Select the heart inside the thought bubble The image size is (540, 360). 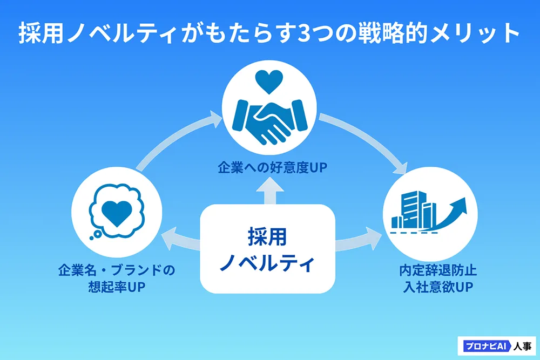click(117, 213)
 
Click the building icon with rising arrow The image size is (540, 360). click(429, 213)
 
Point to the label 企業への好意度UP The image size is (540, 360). click(272, 168)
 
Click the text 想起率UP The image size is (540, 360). click(117, 287)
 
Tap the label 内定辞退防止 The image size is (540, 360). click(438, 270)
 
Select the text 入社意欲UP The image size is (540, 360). click(438, 287)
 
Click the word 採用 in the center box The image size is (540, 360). click(267, 237)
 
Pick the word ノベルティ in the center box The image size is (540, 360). click(267, 263)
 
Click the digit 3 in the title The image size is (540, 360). click(303, 34)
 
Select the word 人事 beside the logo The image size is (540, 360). click(522, 346)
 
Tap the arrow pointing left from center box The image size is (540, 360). click(181, 239)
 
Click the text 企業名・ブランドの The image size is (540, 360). click(117, 270)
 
